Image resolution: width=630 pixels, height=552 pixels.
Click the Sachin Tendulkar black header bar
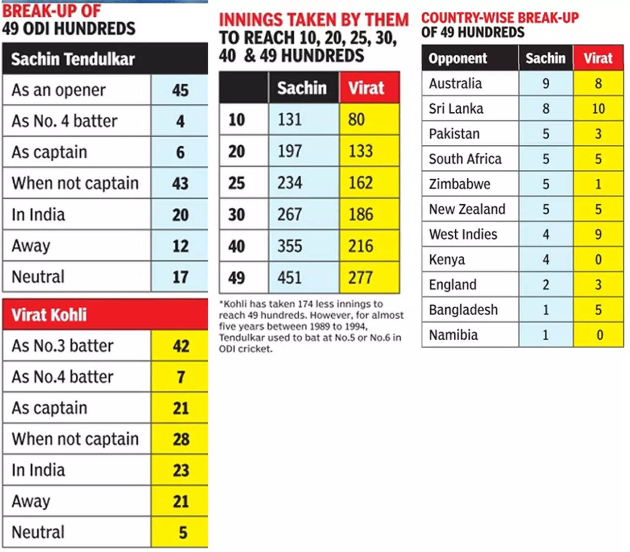(x=105, y=59)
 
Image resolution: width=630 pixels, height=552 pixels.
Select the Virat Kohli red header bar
(x=105, y=314)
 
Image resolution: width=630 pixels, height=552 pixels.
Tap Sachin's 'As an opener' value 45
(x=180, y=90)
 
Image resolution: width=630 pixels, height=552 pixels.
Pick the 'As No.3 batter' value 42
(x=180, y=346)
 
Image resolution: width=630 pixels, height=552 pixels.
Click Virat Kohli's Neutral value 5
(x=182, y=532)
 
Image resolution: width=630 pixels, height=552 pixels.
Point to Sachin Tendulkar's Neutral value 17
(x=180, y=277)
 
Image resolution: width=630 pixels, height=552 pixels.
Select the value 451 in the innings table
(x=289, y=277)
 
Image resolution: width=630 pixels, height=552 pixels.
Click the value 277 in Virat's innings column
(x=361, y=277)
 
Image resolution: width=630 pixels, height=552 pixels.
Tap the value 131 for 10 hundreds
(x=289, y=119)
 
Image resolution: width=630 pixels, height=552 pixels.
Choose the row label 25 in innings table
(x=237, y=183)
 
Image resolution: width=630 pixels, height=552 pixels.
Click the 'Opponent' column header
(x=458, y=58)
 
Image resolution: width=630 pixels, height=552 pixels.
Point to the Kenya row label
(x=447, y=260)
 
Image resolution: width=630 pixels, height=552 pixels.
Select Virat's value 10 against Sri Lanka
(x=598, y=108)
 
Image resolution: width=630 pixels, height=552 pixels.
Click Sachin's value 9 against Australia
(x=546, y=83)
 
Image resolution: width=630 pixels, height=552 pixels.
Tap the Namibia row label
(x=453, y=335)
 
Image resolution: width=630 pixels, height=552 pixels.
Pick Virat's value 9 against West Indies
(x=598, y=234)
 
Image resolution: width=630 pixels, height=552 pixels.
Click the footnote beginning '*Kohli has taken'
(x=311, y=326)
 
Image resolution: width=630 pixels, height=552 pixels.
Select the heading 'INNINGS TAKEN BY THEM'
(x=314, y=20)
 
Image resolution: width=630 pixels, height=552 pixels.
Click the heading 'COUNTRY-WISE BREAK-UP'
(x=500, y=18)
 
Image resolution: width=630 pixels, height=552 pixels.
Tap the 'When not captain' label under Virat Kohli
(x=75, y=439)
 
